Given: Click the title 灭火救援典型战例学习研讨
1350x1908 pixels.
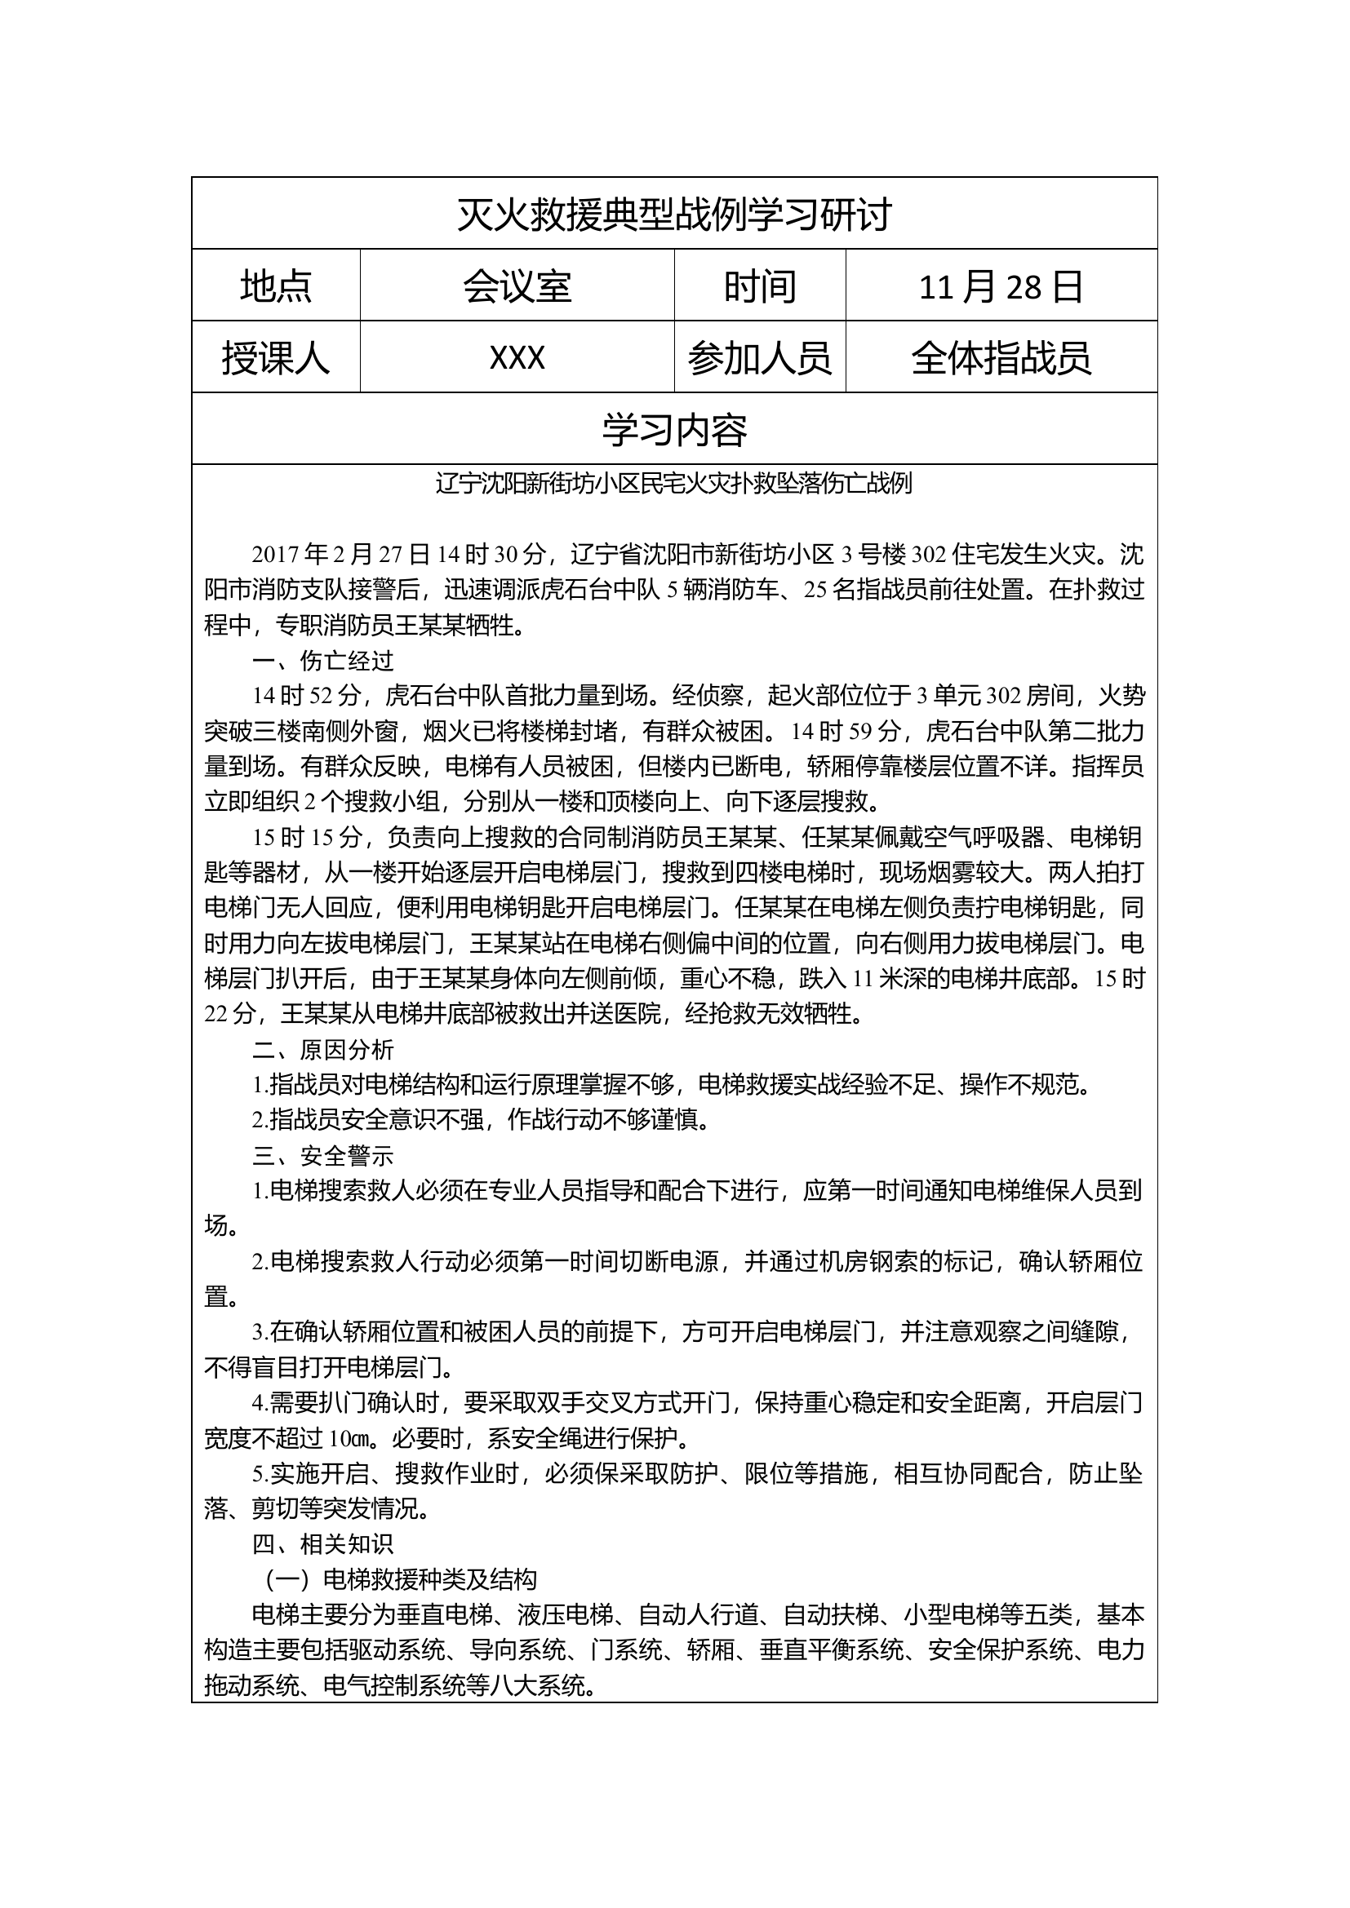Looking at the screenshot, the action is (674, 215).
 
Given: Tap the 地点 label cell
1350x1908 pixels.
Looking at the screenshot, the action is (276, 286).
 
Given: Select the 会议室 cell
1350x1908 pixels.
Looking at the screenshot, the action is (517, 286).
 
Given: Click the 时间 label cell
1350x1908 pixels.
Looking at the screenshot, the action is (760, 286).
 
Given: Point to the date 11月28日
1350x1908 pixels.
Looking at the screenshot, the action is (1001, 286).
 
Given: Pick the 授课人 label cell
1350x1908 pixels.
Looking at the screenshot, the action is (276, 358).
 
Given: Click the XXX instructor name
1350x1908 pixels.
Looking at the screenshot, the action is (517, 358).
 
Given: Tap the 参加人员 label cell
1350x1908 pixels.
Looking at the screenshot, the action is (760, 358).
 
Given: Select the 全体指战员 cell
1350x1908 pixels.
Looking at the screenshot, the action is (1001, 358).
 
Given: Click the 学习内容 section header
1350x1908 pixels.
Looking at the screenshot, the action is (674, 429).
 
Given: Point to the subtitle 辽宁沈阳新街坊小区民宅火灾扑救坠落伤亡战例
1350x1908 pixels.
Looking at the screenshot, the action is (674, 484).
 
